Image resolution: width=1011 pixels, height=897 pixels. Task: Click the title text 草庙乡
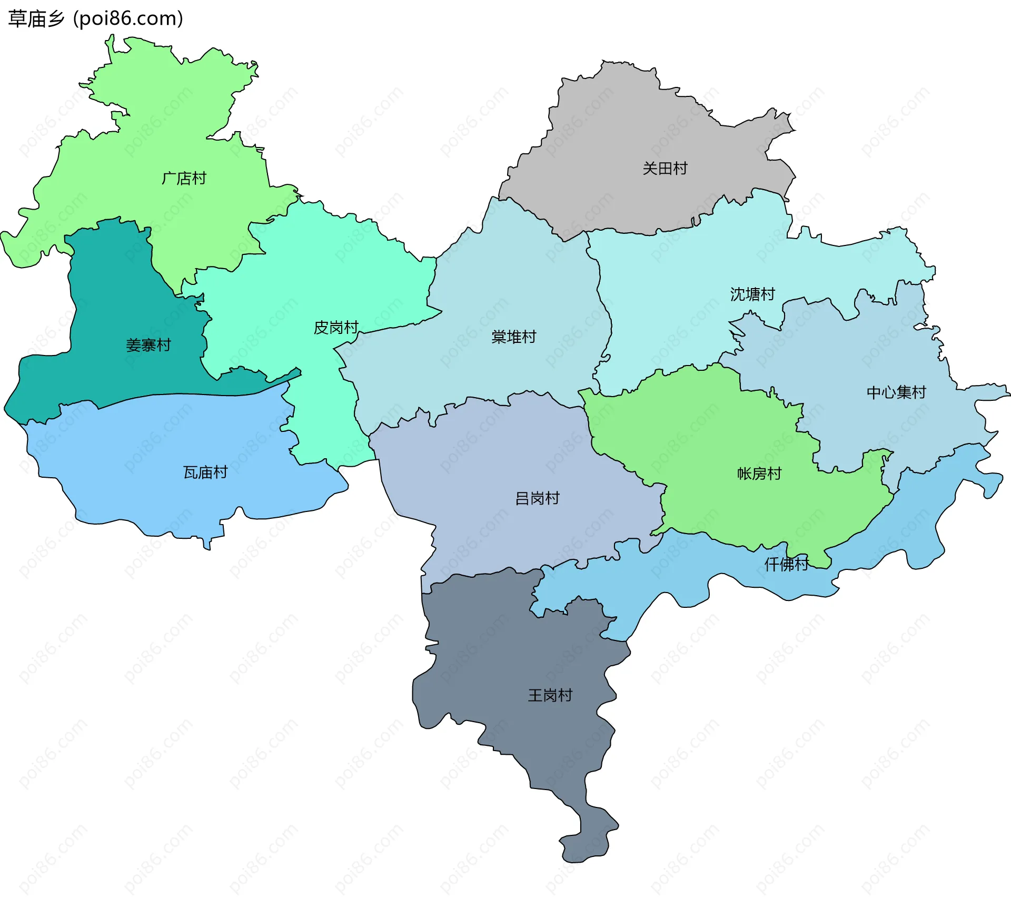click(x=36, y=18)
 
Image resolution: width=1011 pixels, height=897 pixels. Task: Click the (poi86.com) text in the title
click(x=128, y=18)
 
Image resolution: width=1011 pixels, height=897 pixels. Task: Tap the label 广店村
click(x=184, y=179)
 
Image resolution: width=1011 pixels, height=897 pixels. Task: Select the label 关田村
click(x=665, y=169)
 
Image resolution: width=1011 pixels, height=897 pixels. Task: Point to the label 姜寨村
click(x=148, y=346)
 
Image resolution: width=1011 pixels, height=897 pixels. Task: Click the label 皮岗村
click(x=336, y=328)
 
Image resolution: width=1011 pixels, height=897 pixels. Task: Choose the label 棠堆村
click(x=513, y=337)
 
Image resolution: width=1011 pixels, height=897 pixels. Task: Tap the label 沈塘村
click(x=752, y=294)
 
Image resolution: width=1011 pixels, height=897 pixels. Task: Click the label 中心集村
click(x=896, y=392)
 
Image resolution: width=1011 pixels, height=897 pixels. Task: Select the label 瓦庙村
click(x=205, y=472)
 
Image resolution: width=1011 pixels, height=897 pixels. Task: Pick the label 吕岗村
click(x=537, y=498)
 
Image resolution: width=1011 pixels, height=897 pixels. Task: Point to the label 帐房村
click(x=759, y=474)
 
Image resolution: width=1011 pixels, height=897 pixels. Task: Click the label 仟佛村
click(x=786, y=565)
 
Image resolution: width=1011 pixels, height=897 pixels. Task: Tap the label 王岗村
click(x=550, y=695)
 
